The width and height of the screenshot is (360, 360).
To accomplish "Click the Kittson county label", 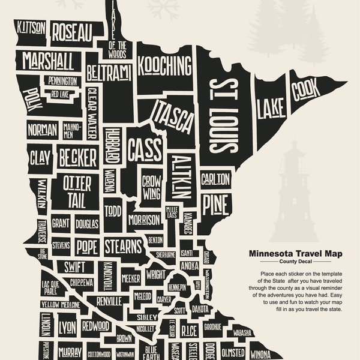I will (29, 27).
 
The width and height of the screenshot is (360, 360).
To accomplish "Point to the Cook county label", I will (305, 90).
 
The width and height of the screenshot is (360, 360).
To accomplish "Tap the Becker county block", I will (78, 158).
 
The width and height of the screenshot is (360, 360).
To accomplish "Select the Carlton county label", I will (215, 179).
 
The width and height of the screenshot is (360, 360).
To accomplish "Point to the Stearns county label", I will (122, 246).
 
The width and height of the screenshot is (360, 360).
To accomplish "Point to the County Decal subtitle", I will (293, 263).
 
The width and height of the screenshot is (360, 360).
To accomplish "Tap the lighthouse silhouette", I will (295, 192).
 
